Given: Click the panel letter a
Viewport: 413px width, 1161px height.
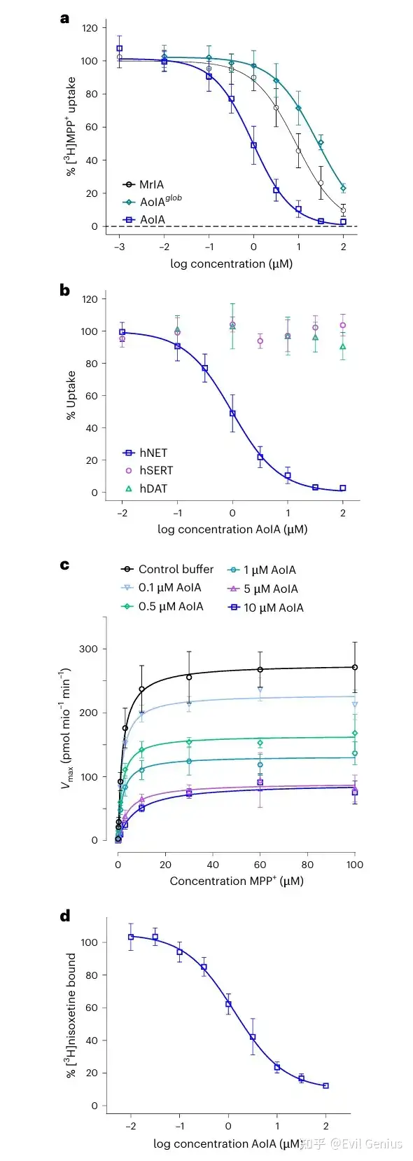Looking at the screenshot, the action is (64, 19).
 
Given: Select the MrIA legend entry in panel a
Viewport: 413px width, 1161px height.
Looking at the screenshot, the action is (143, 184).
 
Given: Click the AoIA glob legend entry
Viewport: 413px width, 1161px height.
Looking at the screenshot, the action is (152, 201).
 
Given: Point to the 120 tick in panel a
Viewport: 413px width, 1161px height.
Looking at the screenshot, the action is (90, 28).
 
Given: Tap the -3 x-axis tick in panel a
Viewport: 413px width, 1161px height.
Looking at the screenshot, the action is (119, 247).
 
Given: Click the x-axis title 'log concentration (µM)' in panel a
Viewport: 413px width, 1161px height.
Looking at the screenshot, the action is (231, 264).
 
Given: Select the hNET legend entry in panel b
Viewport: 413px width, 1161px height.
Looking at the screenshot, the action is (145, 453).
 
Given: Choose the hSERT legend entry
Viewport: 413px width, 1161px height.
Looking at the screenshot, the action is (149, 471).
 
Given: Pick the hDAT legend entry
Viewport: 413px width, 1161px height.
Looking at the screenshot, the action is (146, 488).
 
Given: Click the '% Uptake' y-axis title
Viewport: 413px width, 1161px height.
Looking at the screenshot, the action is (71, 395).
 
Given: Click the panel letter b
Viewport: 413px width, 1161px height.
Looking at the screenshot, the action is (64, 290).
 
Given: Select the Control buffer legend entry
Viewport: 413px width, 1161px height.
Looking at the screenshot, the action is (167, 569).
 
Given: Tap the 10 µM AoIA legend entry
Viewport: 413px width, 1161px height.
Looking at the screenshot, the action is (266, 607).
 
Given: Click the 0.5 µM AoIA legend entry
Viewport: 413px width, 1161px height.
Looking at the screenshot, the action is (162, 606).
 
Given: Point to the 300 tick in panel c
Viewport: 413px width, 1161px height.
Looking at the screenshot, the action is (88, 649).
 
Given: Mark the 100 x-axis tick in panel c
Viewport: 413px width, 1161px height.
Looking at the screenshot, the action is (355, 865).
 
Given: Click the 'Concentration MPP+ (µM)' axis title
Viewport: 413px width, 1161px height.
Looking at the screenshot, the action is (237, 881).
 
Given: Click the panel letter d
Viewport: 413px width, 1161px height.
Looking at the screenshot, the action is (64, 916).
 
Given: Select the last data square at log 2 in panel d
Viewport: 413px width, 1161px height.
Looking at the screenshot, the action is (325, 1085).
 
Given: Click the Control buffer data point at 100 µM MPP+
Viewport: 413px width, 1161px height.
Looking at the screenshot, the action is (354, 667).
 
